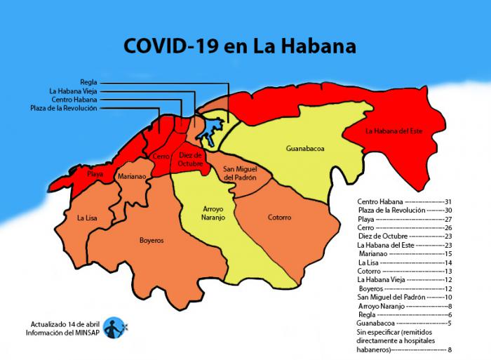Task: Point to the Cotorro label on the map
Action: point(279,218)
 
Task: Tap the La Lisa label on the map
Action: point(87,218)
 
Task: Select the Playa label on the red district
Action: point(95,173)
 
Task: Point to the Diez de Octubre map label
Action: point(191,159)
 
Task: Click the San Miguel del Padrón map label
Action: point(239,174)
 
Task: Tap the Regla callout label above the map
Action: point(88,82)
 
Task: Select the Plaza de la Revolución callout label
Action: point(64,108)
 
